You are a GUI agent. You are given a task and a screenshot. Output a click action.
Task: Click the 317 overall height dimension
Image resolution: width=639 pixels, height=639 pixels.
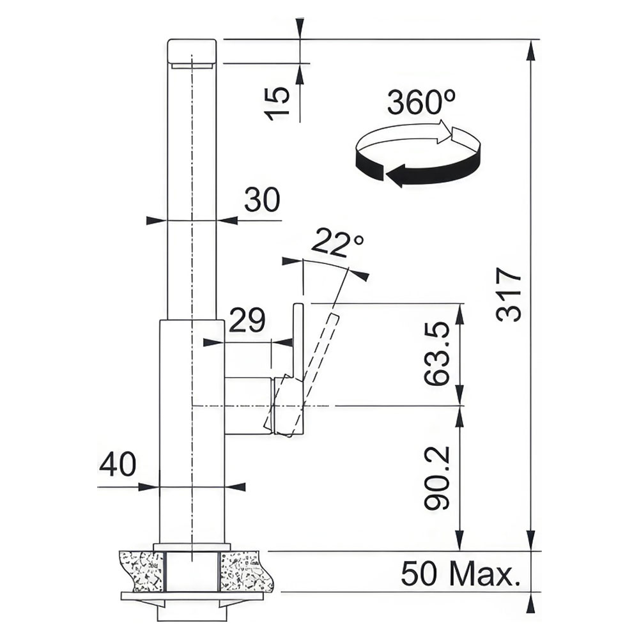tap(509, 294)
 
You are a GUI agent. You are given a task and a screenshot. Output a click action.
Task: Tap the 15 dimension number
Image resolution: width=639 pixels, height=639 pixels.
tap(277, 104)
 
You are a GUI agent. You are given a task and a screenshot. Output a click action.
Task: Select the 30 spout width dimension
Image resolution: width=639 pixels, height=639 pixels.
tap(262, 199)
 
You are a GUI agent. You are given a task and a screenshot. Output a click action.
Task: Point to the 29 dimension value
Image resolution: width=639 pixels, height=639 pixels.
tap(247, 319)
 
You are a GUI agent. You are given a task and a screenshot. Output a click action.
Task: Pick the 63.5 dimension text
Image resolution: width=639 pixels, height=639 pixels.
tap(436, 354)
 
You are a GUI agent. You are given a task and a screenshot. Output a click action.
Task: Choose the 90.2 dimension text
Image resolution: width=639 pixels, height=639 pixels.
tap(436, 478)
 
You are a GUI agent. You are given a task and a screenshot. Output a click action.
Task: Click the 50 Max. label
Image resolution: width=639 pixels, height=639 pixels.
tap(461, 573)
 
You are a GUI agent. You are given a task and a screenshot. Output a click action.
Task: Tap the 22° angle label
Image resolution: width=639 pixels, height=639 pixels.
tap(337, 243)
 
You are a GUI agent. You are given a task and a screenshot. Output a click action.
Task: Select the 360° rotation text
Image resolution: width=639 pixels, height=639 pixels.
tap(421, 102)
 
